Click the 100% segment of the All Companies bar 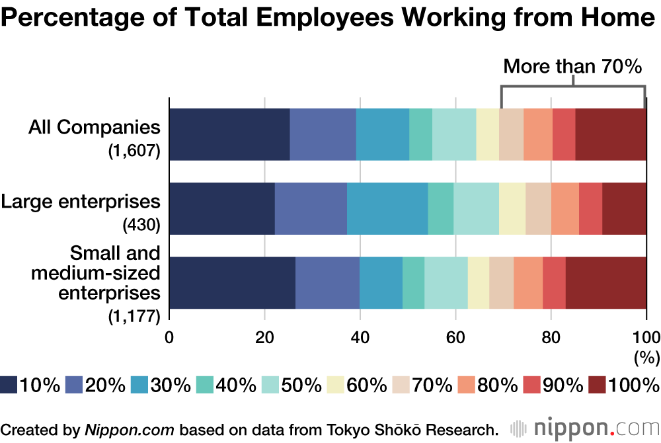click(611, 134)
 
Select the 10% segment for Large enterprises click(222, 208)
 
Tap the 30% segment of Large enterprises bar click(387, 208)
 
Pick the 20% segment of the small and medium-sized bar click(327, 282)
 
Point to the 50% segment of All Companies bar click(454, 134)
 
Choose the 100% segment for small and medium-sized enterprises click(606, 282)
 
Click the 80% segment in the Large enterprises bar click(565, 208)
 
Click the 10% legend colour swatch click(9, 384)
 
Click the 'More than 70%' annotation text click(572, 66)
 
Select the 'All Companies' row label click(95, 127)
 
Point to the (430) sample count click(141, 225)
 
